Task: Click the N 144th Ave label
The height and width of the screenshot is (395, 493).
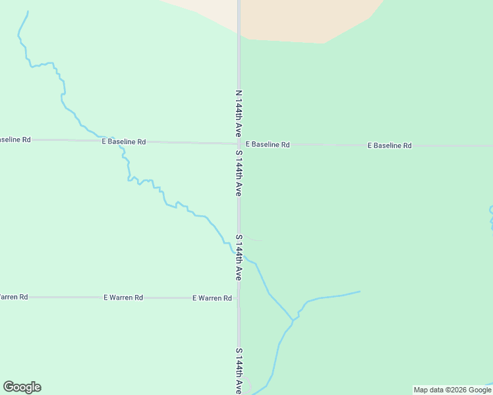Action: click(239, 113)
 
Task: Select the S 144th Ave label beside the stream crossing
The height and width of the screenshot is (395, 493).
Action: click(239, 257)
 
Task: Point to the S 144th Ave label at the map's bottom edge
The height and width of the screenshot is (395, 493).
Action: click(239, 372)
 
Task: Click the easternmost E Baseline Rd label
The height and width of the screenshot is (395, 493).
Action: click(390, 145)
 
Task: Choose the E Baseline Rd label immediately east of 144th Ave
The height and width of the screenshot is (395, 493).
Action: click(268, 144)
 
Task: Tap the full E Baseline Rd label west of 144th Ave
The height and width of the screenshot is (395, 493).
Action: click(123, 142)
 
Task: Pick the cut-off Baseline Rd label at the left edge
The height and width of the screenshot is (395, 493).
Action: click(14, 140)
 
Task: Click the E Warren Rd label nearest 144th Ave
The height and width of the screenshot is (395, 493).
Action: click(212, 298)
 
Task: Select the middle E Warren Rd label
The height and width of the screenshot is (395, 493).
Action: click(123, 298)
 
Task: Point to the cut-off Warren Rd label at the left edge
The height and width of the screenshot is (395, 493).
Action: click(13, 297)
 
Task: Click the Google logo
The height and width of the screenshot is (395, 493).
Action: click(22, 387)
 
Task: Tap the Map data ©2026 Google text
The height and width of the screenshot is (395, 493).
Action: click(452, 390)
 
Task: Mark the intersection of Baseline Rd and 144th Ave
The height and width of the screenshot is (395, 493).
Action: click(239, 144)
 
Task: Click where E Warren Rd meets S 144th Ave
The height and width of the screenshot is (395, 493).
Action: click(239, 298)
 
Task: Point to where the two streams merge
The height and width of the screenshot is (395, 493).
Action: click(293, 320)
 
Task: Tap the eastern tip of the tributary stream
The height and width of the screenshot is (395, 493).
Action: click(360, 291)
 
